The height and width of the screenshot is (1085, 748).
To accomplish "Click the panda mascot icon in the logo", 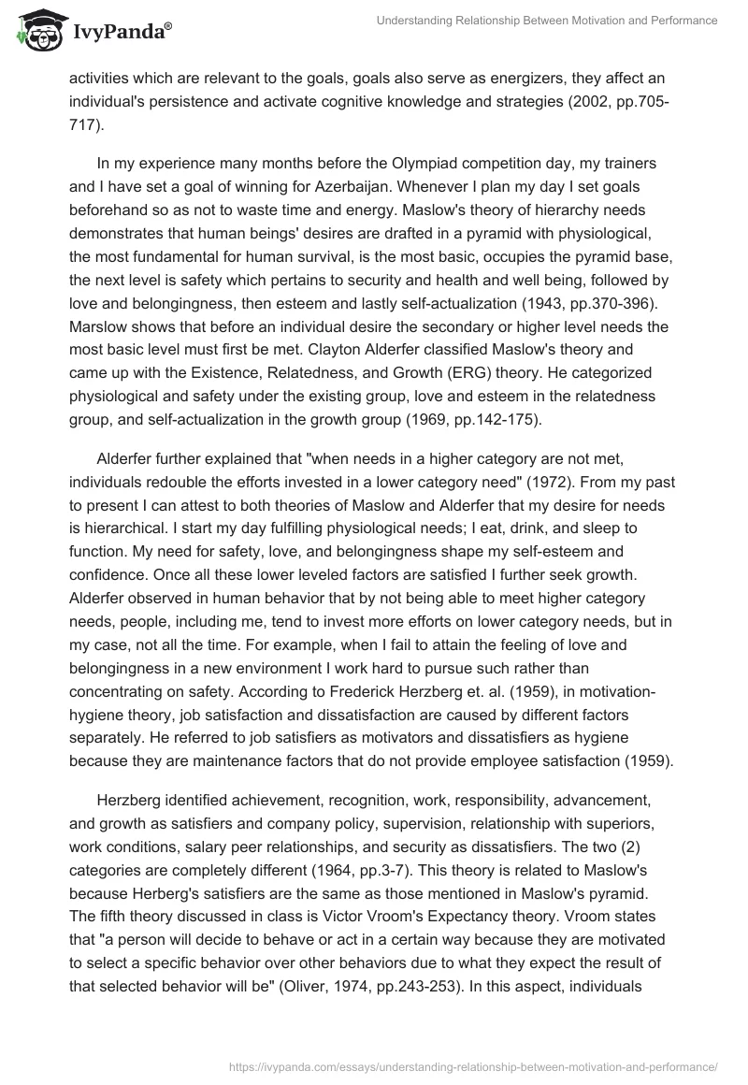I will pyautogui.click(x=35, y=31).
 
